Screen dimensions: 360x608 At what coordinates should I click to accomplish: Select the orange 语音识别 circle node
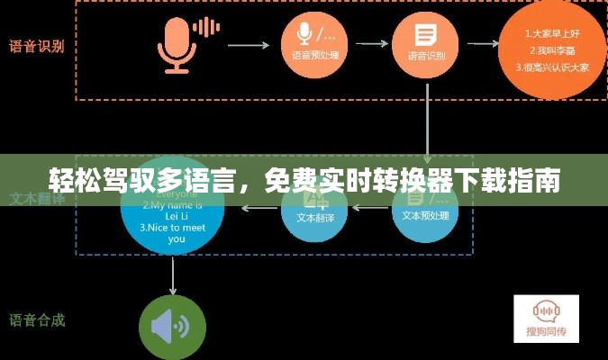tap(426, 41)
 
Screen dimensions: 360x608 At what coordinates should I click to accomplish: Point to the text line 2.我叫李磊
tap(546, 50)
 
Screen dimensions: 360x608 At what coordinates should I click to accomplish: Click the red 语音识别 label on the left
tap(37, 46)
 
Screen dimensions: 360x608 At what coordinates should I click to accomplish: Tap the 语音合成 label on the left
tap(37, 319)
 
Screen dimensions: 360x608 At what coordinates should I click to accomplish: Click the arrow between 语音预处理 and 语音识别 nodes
tap(369, 42)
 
